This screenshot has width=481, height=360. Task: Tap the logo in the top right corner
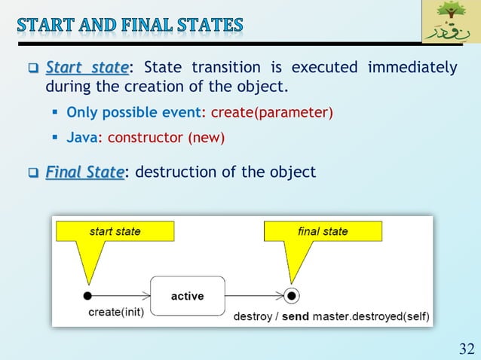point(449,23)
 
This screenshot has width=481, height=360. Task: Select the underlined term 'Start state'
point(87,68)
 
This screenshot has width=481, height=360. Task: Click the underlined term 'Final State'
point(84,172)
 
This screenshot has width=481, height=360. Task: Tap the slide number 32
point(467,348)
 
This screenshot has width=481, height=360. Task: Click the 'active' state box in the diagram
point(187,295)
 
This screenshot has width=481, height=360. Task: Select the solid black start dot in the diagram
point(87,295)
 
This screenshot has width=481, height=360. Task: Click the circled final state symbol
point(293,295)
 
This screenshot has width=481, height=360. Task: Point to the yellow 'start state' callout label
point(115,231)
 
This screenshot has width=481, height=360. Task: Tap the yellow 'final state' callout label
point(323,231)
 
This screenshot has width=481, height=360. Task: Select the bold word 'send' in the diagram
point(296,317)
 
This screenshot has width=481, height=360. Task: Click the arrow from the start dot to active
point(121,295)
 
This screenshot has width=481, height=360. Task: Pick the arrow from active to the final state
point(254,295)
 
